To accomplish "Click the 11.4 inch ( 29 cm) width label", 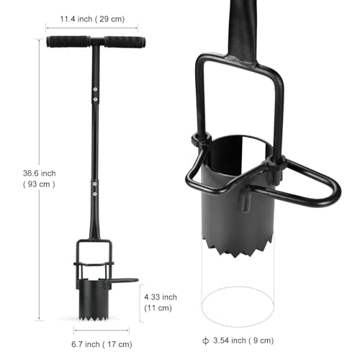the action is tap(92, 19).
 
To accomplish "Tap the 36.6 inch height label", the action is tap(40, 174).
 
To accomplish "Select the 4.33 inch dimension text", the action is tap(161, 297).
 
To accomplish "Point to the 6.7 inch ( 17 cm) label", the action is tap(102, 344).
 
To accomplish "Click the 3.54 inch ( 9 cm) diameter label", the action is tap(243, 341).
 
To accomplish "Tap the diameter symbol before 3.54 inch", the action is tap(205, 341).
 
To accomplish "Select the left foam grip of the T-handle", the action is tap(68, 42).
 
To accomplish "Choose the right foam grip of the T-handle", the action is tap(125, 42).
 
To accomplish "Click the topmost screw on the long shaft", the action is tap(95, 89).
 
